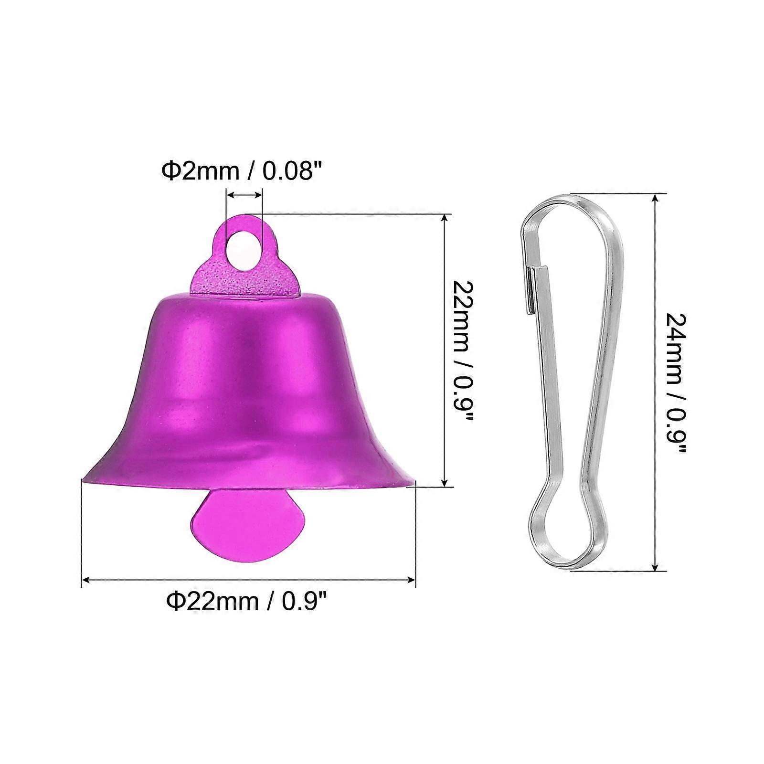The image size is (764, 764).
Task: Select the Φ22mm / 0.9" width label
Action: (x=247, y=600)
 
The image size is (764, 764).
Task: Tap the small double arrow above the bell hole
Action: (x=244, y=194)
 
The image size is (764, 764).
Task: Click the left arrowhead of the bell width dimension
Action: (x=86, y=580)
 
